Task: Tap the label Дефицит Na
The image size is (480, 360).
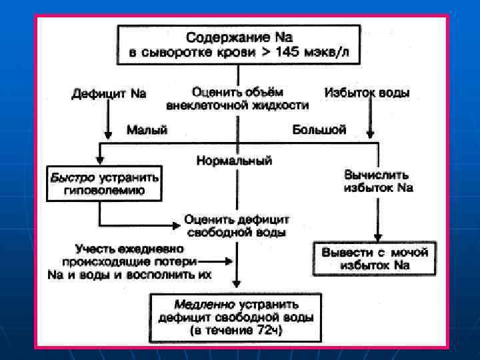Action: point(109,93)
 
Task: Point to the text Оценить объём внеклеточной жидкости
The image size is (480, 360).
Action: point(237,98)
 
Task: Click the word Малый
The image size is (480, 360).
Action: point(147,130)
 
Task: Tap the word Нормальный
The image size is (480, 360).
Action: point(235,161)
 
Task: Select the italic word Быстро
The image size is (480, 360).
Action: point(73,178)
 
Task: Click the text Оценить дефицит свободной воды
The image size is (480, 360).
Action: point(238,226)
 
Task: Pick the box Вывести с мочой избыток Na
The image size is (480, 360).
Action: point(374,259)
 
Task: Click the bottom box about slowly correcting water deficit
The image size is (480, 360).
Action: point(237,319)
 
